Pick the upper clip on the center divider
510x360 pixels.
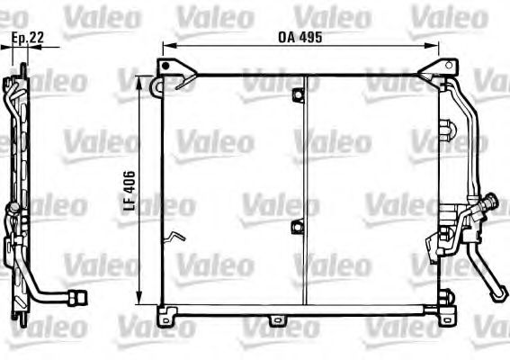pyautogui.click(x=298, y=94)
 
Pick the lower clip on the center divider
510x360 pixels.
pyautogui.click(x=297, y=226)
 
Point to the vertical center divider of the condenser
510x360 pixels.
pyautogui.click(x=306, y=189)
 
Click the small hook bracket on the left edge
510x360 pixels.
pyautogui.click(x=173, y=238)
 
